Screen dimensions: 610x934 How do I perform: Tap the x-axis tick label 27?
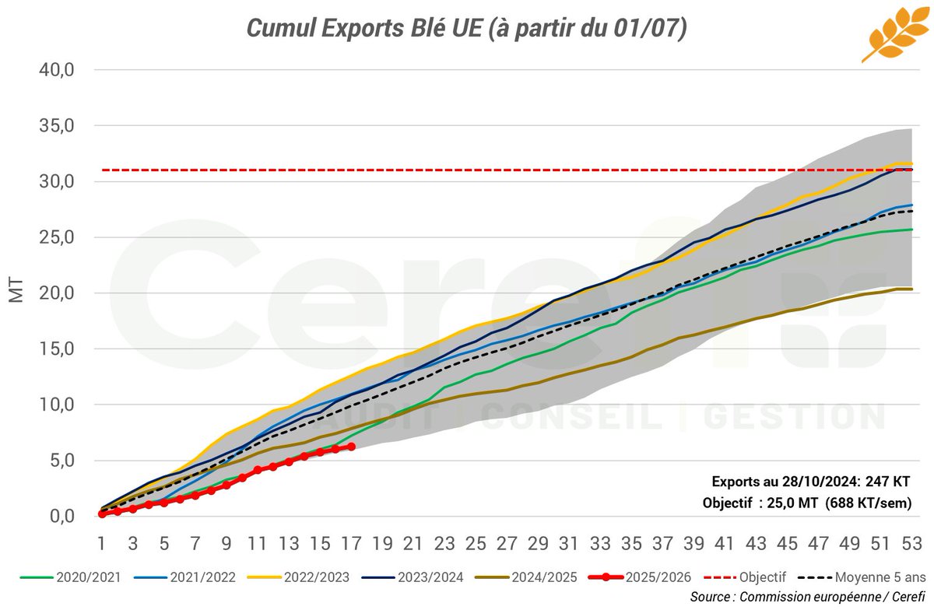click(507, 542)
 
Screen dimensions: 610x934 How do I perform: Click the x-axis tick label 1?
click(101, 542)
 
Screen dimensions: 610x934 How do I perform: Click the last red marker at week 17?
click(351, 447)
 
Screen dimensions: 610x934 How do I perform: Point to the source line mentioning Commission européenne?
click(806, 597)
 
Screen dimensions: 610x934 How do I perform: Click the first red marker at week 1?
click(102, 514)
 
